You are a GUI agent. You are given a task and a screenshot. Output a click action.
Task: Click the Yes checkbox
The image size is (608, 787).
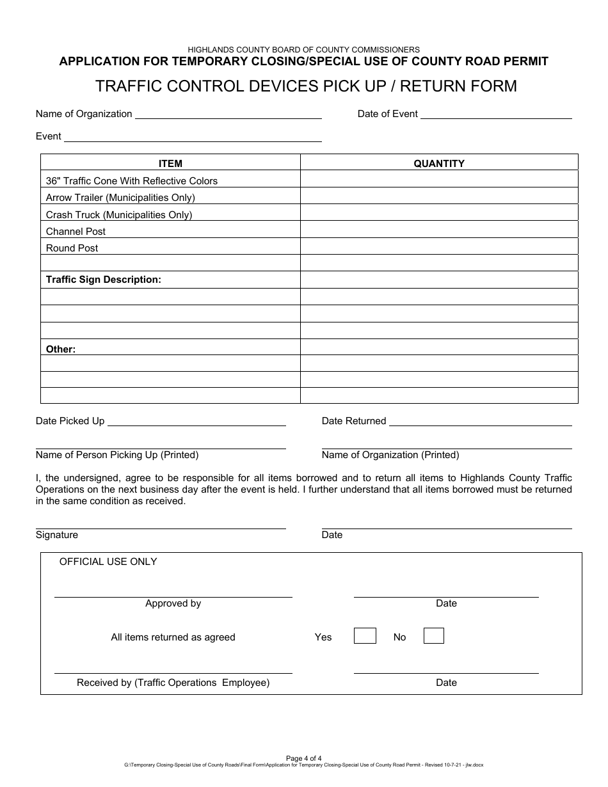click(365, 636)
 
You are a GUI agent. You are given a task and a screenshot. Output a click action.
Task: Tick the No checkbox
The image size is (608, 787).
click(433, 636)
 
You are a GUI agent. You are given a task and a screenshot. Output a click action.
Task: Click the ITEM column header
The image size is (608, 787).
click(170, 164)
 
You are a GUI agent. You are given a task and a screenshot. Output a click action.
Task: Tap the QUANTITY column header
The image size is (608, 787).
click(439, 164)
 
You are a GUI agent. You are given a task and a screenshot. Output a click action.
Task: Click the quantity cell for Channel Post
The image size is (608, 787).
click(439, 231)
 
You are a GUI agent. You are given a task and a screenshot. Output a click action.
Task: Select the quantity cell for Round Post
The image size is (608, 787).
click(439, 248)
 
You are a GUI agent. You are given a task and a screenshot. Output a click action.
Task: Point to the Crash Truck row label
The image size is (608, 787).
click(119, 215)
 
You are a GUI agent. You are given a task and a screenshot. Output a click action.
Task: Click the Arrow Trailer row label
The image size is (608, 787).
click(120, 198)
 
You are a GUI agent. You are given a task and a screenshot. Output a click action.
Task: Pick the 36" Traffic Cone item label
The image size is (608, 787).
click(132, 181)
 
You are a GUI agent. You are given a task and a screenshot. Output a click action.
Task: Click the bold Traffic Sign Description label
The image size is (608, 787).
click(104, 280)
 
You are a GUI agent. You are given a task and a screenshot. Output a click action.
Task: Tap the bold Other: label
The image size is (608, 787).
click(61, 349)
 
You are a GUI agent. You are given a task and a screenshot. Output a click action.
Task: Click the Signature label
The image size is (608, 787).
click(57, 535)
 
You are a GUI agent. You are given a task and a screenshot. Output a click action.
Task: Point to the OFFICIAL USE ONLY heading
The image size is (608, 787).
click(108, 562)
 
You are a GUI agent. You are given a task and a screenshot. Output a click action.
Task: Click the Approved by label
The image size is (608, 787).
click(173, 603)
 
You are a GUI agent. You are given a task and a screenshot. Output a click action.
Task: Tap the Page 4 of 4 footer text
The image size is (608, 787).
click(304, 758)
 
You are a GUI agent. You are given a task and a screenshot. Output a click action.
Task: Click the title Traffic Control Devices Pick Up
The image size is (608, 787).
click(306, 86)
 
